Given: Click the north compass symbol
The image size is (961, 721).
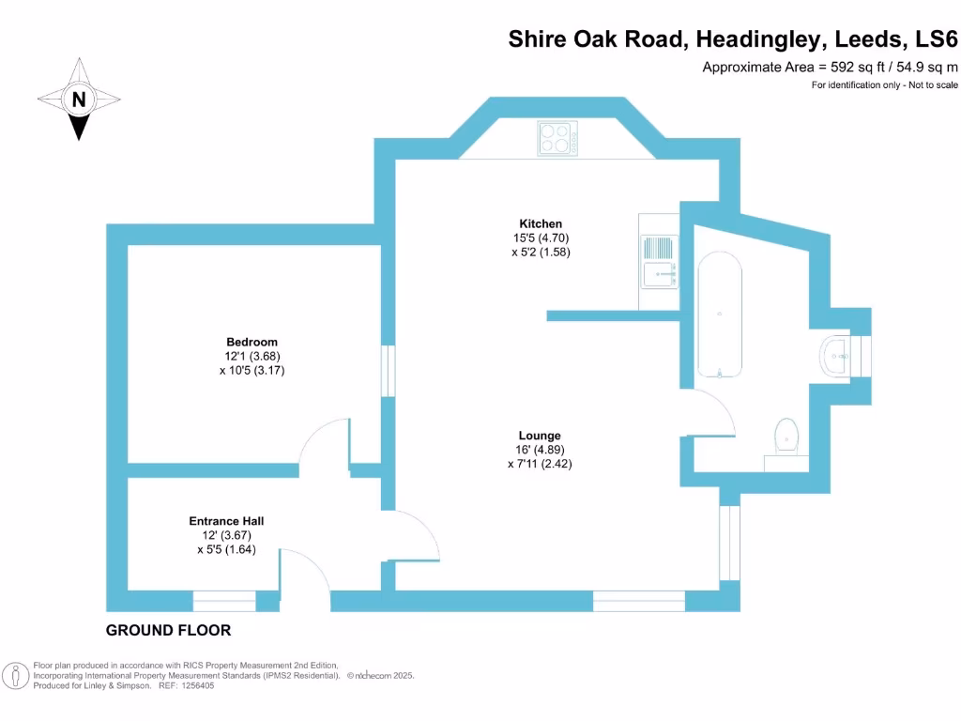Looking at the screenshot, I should coord(79,99).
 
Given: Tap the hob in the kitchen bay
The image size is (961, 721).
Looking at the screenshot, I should coord(557,138).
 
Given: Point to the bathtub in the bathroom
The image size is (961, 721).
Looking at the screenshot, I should coord(720,315).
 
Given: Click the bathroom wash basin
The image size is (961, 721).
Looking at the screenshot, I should coord(837,357).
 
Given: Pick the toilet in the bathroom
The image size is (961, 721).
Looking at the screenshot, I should coord(786,437).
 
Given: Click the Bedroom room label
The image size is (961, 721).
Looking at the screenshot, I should coord(252,342).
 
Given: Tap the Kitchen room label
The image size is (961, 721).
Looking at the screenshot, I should coord(541,223).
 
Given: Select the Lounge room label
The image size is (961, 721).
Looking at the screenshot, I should coord(540,436).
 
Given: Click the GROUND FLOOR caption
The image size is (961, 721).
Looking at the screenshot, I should coord(168,630).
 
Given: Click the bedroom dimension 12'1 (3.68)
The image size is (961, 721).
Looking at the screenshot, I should coord(252,356).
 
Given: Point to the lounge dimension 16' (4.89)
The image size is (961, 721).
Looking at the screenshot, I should coord(540,450).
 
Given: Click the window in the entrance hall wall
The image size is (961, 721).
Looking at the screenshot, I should coord(224,601).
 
